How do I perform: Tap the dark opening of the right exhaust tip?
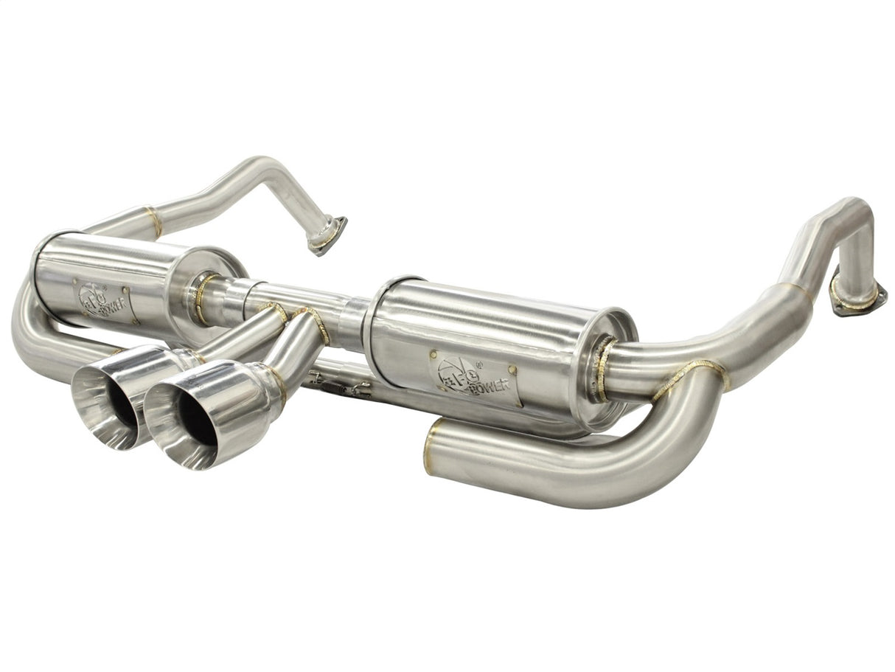(198, 419)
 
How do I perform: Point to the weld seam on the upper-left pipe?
(153, 221)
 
